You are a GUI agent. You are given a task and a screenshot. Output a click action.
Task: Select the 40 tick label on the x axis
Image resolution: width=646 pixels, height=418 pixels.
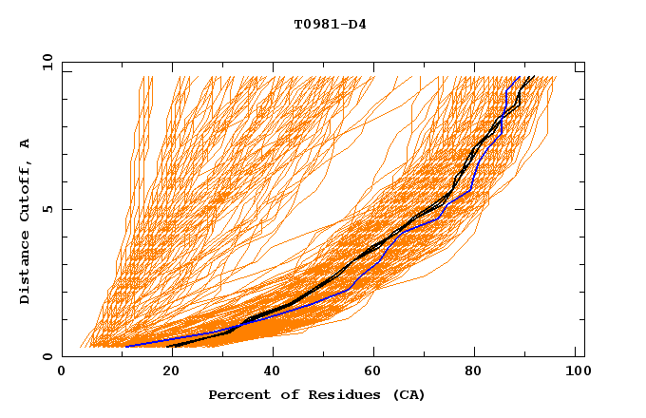click(x=271, y=374)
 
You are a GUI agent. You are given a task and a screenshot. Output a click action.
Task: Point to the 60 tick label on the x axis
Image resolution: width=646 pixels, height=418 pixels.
click(x=375, y=374)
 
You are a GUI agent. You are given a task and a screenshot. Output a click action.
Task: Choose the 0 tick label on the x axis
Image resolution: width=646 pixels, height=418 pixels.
click(x=62, y=374)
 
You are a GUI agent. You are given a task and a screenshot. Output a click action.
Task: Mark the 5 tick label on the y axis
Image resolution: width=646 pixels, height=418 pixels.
click(x=46, y=209)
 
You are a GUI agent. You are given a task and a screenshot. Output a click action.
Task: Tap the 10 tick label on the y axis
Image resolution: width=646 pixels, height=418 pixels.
click(x=46, y=62)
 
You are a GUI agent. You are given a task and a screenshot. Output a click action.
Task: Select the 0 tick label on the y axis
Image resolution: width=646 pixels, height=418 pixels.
click(x=46, y=356)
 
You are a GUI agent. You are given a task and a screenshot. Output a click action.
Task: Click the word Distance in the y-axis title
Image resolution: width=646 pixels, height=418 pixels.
click(x=25, y=271)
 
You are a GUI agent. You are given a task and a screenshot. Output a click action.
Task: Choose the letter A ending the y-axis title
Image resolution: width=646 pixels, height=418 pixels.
click(x=25, y=143)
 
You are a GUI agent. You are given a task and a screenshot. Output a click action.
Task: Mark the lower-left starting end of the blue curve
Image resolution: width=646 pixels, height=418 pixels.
click(x=126, y=346)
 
